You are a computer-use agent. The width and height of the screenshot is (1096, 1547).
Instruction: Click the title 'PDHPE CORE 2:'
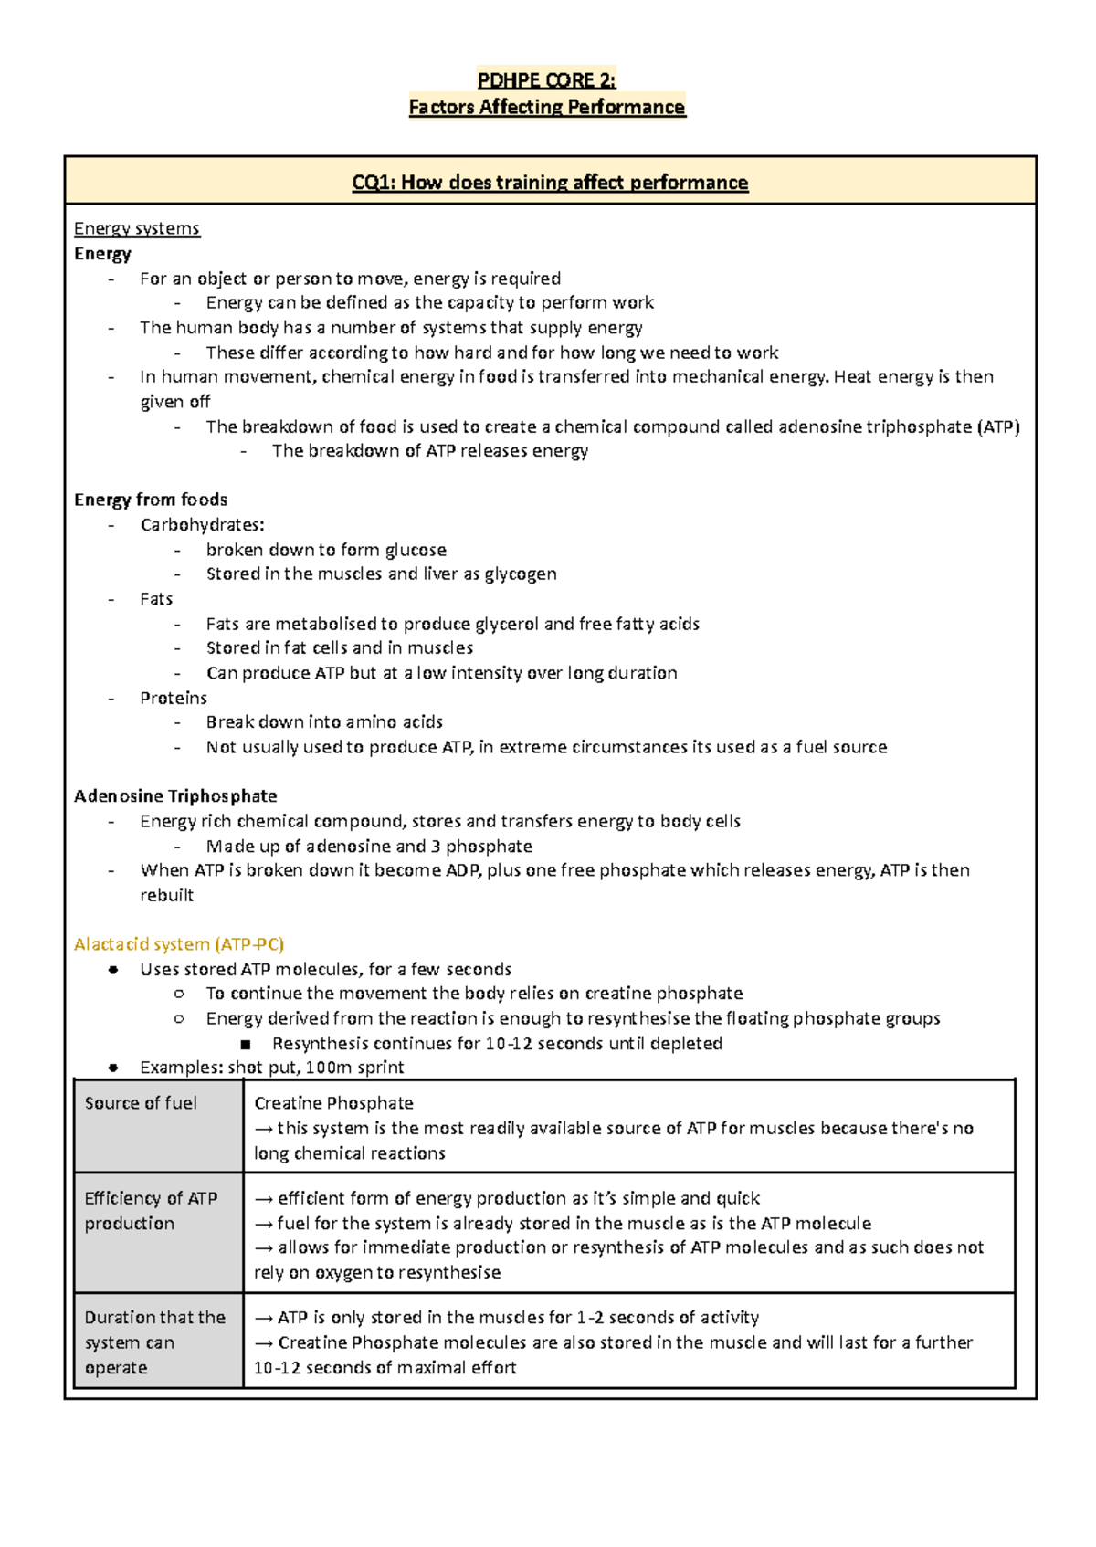(x=546, y=80)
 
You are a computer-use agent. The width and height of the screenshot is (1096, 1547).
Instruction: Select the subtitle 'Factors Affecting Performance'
(x=546, y=108)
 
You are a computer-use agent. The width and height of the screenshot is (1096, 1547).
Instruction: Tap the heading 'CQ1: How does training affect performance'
(x=550, y=183)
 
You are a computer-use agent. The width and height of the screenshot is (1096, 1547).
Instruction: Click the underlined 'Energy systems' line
(x=137, y=228)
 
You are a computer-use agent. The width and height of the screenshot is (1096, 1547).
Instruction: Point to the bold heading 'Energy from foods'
(x=151, y=500)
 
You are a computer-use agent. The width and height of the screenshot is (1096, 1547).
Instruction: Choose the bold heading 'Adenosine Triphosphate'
(x=175, y=796)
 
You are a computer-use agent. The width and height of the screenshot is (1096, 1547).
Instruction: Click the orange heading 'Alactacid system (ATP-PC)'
(x=179, y=944)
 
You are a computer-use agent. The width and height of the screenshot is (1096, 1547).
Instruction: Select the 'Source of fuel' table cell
(x=141, y=1103)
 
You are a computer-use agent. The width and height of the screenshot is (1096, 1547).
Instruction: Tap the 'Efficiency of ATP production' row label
(x=151, y=1211)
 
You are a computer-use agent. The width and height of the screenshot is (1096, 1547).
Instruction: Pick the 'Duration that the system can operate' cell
(x=154, y=1342)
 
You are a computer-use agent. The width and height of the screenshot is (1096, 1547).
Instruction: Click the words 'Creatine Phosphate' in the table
(x=333, y=1103)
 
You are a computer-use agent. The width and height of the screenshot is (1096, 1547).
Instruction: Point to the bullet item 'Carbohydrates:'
(x=202, y=525)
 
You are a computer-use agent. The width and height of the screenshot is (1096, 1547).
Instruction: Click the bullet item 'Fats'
(x=156, y=599)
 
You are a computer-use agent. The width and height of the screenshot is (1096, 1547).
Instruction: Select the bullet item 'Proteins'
(x=174, y=698)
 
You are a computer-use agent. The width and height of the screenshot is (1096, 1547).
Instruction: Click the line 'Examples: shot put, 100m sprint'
(x=271, y=1068)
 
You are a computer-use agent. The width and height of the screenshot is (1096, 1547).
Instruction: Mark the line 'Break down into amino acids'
(x=324, y=722)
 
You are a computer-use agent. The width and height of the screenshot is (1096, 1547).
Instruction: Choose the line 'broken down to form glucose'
(x=326, y=550)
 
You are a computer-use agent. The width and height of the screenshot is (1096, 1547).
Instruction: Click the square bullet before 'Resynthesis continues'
(x=245, y=1044)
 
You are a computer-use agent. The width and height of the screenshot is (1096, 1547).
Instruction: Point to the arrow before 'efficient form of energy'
(x=264, y=1199)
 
